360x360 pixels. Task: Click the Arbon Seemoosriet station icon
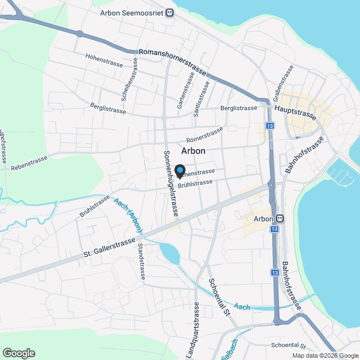[169, 13]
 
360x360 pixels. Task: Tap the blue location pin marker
[180, 170]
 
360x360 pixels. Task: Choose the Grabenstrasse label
[283, 82]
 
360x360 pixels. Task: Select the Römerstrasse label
[204, 135]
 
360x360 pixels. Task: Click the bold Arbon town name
[193, 151]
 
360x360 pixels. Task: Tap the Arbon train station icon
[280, 218]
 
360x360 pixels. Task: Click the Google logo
[18, 353]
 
